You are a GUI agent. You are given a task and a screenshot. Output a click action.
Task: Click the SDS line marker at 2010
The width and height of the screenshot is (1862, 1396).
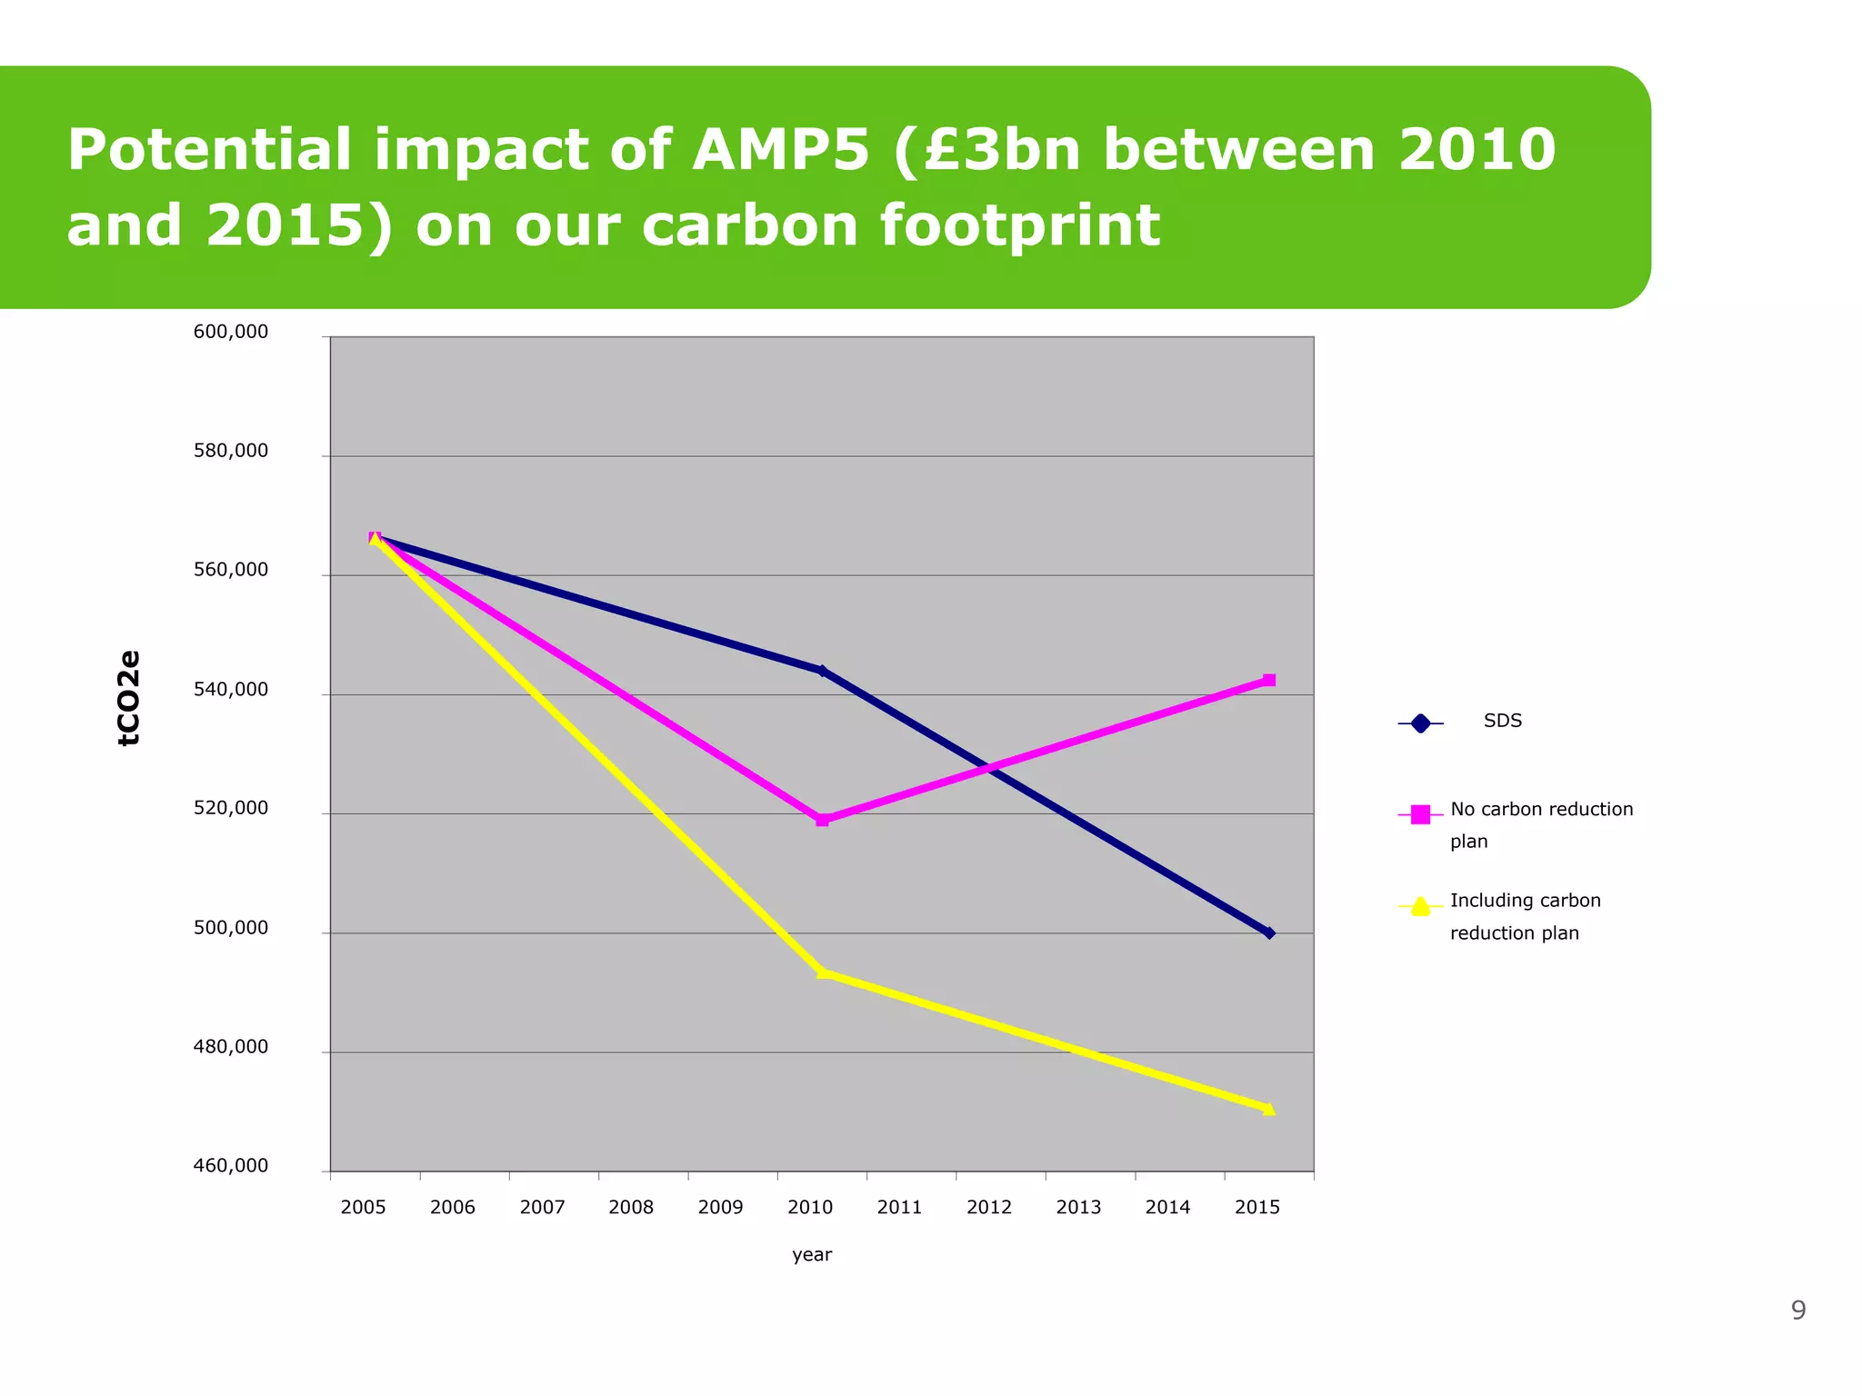pos(822,672)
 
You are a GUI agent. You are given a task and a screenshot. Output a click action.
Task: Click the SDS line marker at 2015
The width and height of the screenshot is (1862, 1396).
pos(1269,933)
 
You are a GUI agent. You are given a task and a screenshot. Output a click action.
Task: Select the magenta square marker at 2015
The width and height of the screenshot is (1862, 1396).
pos(1269,680)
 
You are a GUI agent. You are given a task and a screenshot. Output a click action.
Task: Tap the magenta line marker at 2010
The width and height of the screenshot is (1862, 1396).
pos(822,820)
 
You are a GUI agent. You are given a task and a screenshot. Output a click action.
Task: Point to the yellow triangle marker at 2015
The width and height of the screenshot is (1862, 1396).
pos(1269,1109)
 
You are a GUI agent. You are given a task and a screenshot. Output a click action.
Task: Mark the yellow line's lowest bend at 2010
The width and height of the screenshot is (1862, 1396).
pos(822,972)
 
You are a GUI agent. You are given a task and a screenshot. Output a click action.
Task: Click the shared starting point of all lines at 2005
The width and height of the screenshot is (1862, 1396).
pos(375,537)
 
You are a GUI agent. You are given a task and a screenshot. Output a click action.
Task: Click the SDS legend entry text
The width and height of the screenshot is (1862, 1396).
pos(1502,721)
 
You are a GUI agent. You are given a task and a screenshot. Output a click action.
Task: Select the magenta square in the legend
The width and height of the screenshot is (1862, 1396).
pos(1420,814)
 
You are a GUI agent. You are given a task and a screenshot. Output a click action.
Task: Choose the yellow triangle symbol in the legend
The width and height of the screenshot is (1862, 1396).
pos(1420,906)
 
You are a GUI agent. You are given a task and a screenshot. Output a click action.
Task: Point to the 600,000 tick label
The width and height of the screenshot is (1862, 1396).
pos(231,332)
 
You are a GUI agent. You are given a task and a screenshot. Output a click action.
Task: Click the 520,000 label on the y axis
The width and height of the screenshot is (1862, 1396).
pos(231,808)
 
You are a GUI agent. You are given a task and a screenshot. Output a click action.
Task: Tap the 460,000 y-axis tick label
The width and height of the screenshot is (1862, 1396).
pos(231,1165)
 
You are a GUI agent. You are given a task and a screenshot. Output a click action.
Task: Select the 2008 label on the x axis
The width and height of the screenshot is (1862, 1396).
pos(631,1207)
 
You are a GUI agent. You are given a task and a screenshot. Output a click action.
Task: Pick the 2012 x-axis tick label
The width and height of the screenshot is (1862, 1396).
pos(988,1207)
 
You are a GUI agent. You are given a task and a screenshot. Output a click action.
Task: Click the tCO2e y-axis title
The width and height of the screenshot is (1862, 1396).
pos(129,698)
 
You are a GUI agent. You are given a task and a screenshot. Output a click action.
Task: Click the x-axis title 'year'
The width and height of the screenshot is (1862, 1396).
pos(812,1254)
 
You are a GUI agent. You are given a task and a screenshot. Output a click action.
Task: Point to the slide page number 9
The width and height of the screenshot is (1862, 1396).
pos(1797,1310)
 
